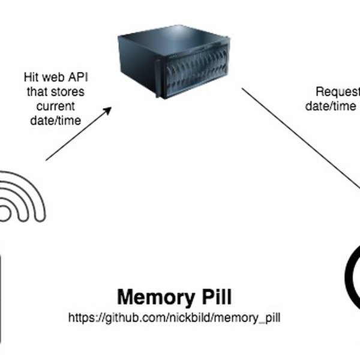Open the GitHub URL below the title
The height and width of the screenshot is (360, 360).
[x=174, y=316]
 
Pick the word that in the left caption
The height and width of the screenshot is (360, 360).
[x=34, y=92]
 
